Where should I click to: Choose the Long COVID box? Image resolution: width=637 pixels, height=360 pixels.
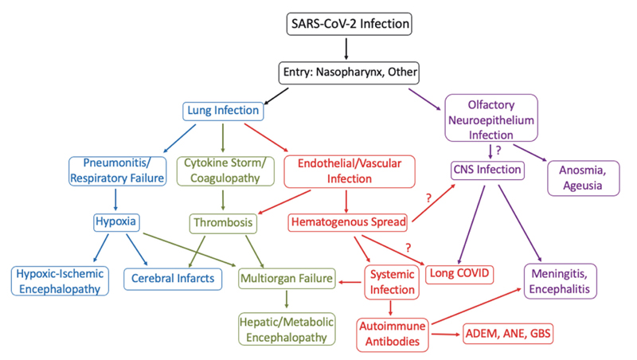pos(460,274)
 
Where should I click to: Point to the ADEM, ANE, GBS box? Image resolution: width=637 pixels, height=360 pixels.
pos(507,335)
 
